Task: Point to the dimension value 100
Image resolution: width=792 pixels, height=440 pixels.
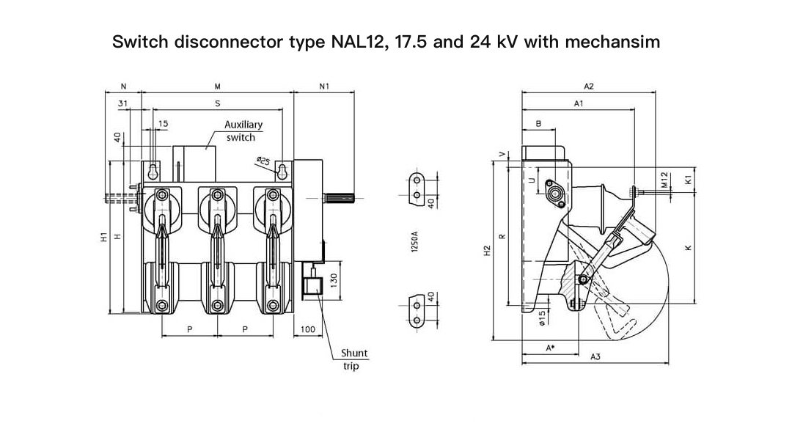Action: coord(307,329)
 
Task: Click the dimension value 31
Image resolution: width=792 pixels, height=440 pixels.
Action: coord(123,103)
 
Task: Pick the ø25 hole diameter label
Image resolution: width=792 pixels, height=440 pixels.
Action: coord(263,160)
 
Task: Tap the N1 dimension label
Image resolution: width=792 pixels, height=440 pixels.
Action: coord(324,87)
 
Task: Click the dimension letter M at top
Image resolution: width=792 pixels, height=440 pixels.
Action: coord(217,87)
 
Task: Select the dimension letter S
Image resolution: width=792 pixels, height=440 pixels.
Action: coord(217,103)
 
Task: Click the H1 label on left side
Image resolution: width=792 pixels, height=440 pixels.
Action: coord(103,237)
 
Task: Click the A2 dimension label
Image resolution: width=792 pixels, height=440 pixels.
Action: coord(588,87)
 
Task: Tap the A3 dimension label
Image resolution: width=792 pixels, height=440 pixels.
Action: coord(595,356)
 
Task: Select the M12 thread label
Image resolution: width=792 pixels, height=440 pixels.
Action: coord(663,180)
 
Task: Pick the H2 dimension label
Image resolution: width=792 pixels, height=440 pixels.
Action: coord(486,251)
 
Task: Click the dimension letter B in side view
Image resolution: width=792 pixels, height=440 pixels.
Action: coord(539,124)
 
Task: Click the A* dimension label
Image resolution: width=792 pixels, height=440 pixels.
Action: coord(549,348)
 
